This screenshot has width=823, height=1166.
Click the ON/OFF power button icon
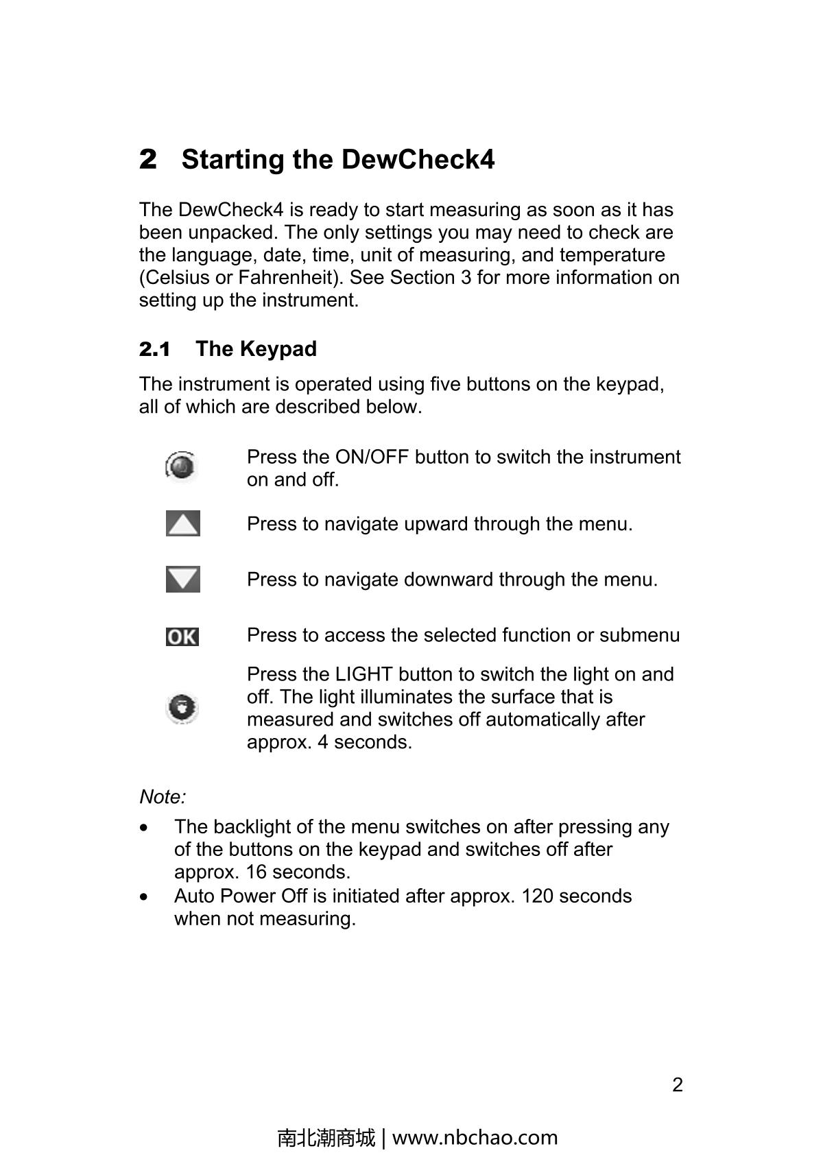[x=182, y=466]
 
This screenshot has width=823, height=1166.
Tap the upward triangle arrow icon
[x=183, y=524]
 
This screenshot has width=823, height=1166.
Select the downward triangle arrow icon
[x=183, y=580]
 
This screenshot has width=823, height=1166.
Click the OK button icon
[x=182, y=637]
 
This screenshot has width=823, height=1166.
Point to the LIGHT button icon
[x=182, y=708]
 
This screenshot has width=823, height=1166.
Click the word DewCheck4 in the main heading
[x=418, y=160]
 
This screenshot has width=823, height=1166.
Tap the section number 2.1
[x=155, y=349]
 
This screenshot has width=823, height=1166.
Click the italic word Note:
[x=163, y=797]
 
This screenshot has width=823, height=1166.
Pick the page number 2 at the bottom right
[x=678, y=1084]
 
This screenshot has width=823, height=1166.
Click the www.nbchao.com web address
[x=475, y=1137]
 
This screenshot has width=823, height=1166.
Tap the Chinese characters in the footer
[x=326, y=1137]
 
